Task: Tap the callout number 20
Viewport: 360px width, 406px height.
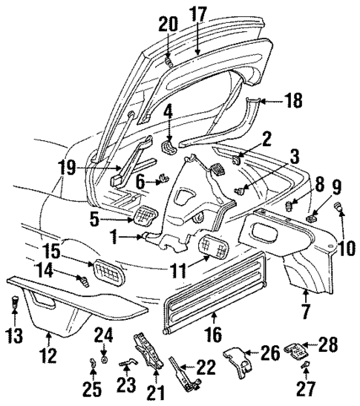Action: tap(168, 24)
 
